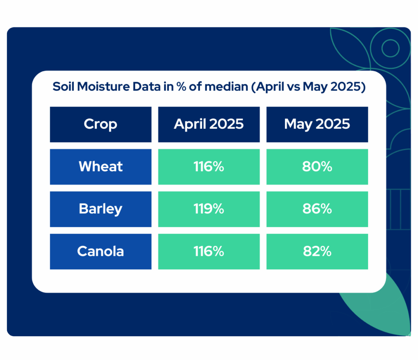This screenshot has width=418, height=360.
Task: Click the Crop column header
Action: pos(100,124)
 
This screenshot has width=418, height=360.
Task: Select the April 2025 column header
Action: pos(209,124)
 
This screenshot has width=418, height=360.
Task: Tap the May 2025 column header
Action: pos(317,124)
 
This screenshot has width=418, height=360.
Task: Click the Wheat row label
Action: pos(100,167)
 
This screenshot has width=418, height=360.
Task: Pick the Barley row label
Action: pos(100,209)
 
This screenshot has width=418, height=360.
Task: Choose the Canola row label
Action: pos(100,252)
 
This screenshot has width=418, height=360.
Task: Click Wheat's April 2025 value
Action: pos(209,167)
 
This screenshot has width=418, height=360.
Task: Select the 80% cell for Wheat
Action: pos(317,167)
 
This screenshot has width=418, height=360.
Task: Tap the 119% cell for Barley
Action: pos(209,209)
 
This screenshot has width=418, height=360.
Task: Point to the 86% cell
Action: pos(317,209)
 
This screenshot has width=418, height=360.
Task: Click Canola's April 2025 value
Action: pos(209,252)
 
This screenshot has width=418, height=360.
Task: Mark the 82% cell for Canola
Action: pos(317,252)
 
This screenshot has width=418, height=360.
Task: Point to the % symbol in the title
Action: pos(181,87)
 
